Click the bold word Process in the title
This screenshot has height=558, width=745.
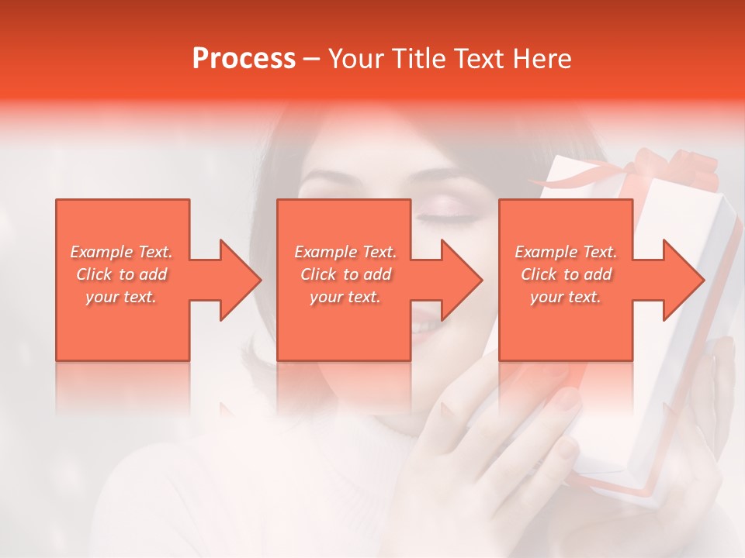[x=244, y=59]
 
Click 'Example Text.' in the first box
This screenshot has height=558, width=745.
[x=121, y=252]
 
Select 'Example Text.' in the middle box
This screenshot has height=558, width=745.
[x=345, y=252]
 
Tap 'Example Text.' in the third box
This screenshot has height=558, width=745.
[x=566, y=252]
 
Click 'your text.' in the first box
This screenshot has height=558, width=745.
[x=121, y=297]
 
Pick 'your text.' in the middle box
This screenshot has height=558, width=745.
[x=345, y=297]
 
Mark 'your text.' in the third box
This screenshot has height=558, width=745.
[x=566, y=297]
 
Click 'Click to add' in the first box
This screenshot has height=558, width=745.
[x=121, y=274]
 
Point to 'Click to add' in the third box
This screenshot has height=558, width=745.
[x=566, y=274]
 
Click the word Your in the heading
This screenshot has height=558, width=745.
[x=355, y=59]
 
